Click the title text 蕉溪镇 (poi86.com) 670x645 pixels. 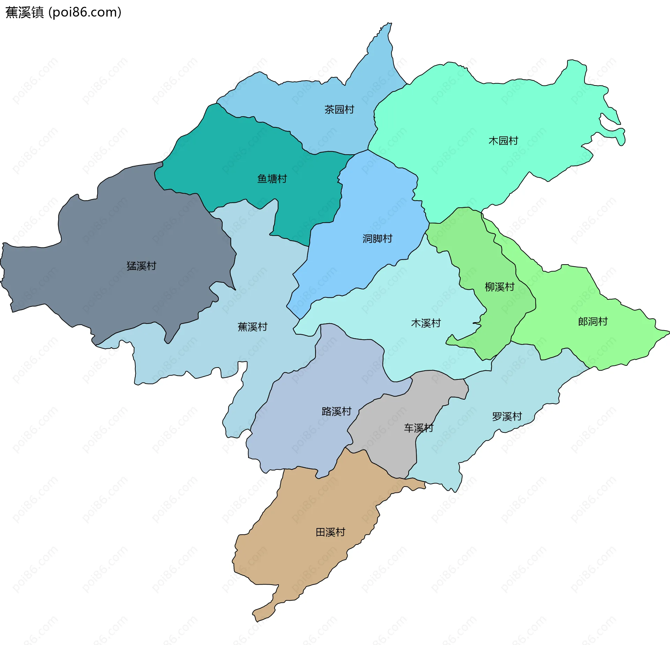point(63,12)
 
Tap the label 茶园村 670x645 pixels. point(339,110)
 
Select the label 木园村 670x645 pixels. point(503,141)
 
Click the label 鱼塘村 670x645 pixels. point(272,179)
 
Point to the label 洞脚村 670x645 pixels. point(377,239)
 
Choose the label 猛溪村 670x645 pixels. point(141,266)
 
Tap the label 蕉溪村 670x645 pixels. point(252,327)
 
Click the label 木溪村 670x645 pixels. point(426,323)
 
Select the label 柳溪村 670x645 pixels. point(499,287)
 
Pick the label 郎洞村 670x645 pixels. point(593,321)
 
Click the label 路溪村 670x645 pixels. point(336,411)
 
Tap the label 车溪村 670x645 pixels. point(418,428)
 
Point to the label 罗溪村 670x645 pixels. point(507,416)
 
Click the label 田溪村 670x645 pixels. point(330,532)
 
